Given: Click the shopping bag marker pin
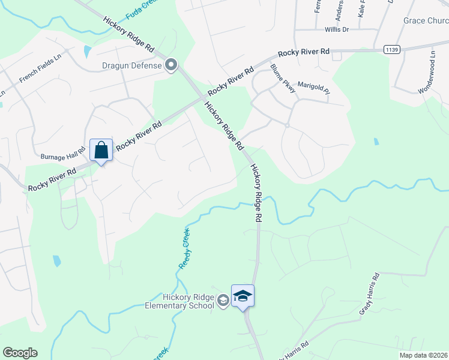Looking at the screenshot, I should tap(101, 150).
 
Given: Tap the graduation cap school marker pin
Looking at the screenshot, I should tap(243, 296).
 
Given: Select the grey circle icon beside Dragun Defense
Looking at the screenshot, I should tap(171, 65).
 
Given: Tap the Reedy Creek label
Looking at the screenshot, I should tap(185, 248).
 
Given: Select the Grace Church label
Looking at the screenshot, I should tap(426, 20).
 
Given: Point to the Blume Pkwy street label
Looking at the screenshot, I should tap(283, 79).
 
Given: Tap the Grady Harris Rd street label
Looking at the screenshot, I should tap(370, 294).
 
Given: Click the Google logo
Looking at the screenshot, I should tap(20, 353).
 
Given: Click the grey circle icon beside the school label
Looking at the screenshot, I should tap(223, 300).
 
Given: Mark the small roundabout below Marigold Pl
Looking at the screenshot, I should tap(288, 125).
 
